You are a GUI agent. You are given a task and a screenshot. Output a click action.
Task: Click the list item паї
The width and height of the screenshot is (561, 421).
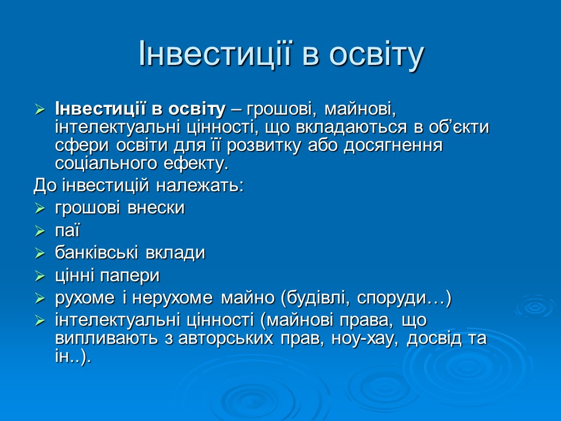(x=67, y=230)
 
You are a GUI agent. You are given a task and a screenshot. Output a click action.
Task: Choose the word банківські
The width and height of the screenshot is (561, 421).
(x=96, y=253)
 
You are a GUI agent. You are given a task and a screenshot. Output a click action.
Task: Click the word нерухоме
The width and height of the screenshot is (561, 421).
(x=172, y=298)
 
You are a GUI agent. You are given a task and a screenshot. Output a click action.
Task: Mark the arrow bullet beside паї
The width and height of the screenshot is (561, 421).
(x=40, y=230)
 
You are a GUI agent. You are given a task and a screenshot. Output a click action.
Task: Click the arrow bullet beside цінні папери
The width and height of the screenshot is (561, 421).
(x=40, y=276)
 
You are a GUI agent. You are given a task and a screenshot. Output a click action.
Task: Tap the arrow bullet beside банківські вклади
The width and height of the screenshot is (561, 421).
(x=40, y=253)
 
